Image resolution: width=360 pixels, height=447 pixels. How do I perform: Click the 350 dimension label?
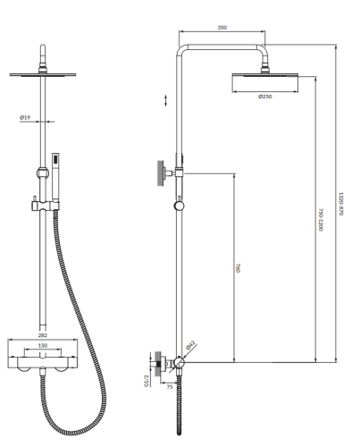pyautogui.click(x=222, y=28)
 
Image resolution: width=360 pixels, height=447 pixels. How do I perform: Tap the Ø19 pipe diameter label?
pyautogui.click(x=29, y=116)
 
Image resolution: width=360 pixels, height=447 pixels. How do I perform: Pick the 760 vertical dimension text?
pyautogui.click(x=241, y=267)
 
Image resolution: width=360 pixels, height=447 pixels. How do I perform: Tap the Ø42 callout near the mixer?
pyautogui.click(x=190, y=345)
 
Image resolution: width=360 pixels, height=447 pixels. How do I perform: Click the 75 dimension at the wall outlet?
pyautogui.click(x=168, y=389)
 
